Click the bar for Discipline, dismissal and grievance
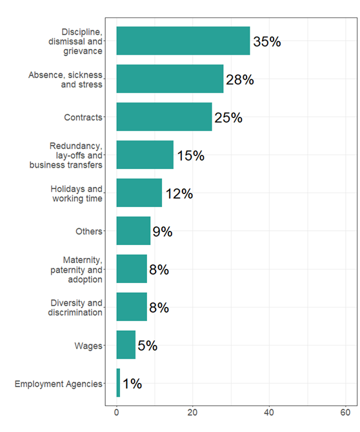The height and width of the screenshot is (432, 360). point(183,41)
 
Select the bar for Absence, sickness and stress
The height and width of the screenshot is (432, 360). point(170,79)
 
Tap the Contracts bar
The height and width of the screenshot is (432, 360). point(164,117)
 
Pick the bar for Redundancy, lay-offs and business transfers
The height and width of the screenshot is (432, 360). point(145,155)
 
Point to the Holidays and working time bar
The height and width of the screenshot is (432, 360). point(139,193)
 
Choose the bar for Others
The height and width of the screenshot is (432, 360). point(133,231)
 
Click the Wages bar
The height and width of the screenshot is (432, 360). point(126,345)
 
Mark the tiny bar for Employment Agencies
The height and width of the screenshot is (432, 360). point(118,383)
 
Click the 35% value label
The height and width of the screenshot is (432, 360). point(266,42)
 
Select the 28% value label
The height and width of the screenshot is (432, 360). point(239,80)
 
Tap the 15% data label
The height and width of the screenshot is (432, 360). point(190,156)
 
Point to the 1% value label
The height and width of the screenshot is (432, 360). point(132,384)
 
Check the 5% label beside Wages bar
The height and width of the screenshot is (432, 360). point(147,346)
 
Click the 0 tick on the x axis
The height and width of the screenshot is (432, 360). point(116,412)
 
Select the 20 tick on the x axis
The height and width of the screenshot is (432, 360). point(192,412)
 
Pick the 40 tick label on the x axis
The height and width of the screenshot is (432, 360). point(268,412)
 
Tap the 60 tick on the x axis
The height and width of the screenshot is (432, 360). point(345,412)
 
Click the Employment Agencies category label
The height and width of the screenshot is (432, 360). point(58,384)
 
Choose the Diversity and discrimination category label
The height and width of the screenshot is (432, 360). point(75,308)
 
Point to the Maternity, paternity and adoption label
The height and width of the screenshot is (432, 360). point(76,270)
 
